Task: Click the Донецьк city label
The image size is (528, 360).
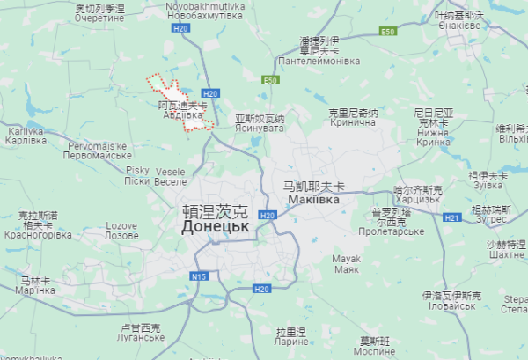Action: point(216,226)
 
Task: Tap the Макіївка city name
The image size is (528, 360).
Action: point(314,200)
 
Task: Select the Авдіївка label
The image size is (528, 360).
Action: point(184,114)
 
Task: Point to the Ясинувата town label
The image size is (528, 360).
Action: point(260,128)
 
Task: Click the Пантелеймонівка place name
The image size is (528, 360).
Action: point(319,62)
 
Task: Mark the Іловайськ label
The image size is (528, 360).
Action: point(450,307)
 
